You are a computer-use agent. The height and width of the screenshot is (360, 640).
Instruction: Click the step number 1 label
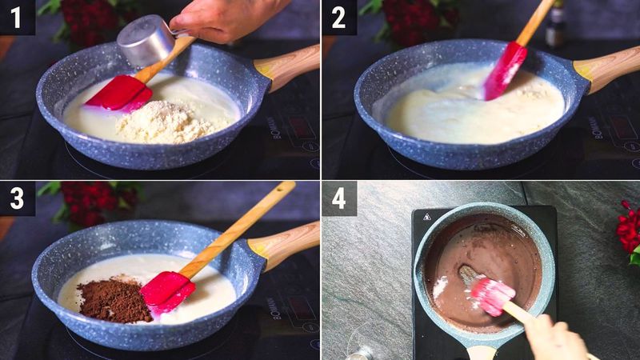pyautogui.click(x=17, y=17)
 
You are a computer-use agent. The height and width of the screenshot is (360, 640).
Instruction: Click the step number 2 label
pyautogui.click(x=338, y=17)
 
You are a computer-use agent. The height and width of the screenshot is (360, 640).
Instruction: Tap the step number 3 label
pyautogui.click(x=17, y=198)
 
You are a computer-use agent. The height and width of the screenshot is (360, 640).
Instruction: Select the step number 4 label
pyautogui.click(x=338, y=198)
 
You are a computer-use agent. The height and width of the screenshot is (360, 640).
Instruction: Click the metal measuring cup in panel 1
pyautogui.click(x=146, y=40)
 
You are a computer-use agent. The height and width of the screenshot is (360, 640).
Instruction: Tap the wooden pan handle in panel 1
pyautogui.click(x=289, y=65)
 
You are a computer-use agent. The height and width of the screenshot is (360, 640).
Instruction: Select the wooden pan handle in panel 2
pyautogui.click(x=608, y=65)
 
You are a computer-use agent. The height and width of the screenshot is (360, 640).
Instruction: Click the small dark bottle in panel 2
pyautogui.click(x=555, y=24)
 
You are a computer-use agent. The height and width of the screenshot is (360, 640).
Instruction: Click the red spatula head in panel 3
pyautogui.click(x=168, y=292)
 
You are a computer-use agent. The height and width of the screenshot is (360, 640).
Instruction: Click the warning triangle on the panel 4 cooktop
pyautogui.click(x=426, y=216)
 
